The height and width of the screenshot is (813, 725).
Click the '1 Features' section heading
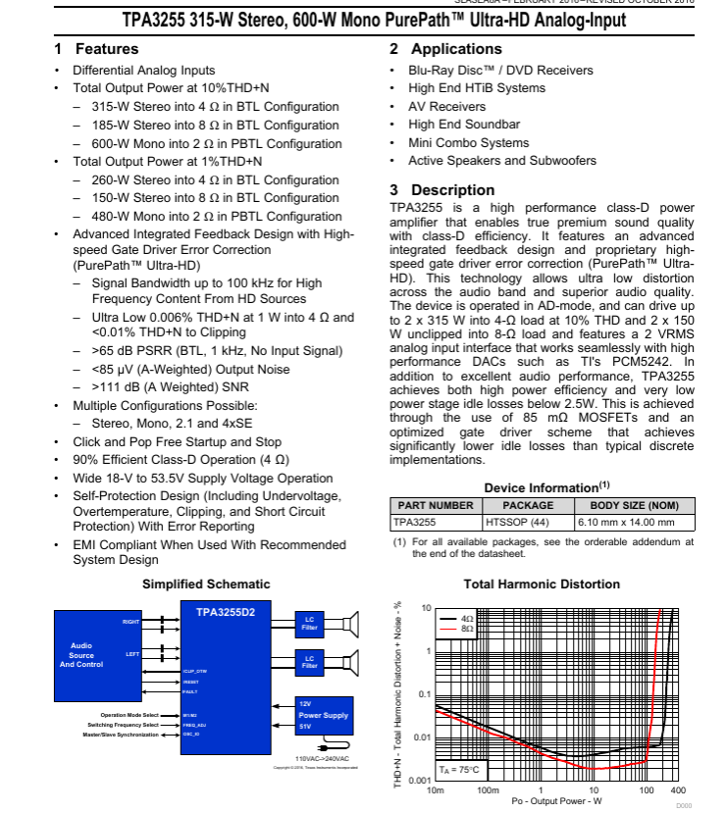[x=96, y=49]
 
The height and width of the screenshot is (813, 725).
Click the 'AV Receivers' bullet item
[x=446, y=107]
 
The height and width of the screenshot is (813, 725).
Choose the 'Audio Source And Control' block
[x=81, y=655]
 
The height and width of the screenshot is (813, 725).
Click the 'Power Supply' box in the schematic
[x=323, y=716]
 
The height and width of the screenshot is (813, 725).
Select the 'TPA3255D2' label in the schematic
[x=226, y=612]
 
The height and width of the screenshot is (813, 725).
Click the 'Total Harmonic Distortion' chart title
[x=542, y=584]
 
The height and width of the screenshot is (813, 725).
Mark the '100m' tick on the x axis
[x=488, y=790]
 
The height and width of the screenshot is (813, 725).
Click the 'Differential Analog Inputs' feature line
[x=143, y=71]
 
